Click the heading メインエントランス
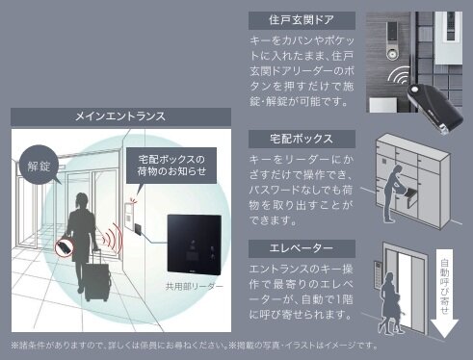pos(120,116)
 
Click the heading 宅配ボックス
pos(302,141)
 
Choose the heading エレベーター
pos(302,248)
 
